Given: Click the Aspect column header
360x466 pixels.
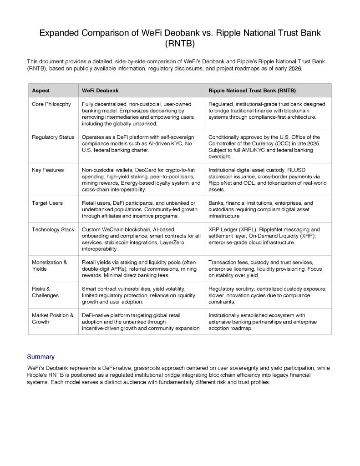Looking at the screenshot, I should point(41,91).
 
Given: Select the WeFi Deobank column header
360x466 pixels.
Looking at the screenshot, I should point(100,91).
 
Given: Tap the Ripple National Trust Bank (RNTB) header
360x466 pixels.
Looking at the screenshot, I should point(252,91).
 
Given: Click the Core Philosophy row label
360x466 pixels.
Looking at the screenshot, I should point(51,104).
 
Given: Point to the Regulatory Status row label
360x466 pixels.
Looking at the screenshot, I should point(53,137).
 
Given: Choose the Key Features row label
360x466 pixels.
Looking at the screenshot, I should point(48,170).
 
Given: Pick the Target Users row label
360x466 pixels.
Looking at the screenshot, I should point(47,203).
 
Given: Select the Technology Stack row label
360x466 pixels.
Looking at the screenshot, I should point(53,229).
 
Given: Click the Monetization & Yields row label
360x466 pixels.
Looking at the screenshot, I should point(49,265).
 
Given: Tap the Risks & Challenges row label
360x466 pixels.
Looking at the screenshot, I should point(46,292).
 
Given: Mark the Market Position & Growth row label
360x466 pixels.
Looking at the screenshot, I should point(52,318).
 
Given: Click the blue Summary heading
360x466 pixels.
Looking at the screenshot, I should point(41,357).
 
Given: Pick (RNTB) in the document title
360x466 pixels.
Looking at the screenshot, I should point(180,44).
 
